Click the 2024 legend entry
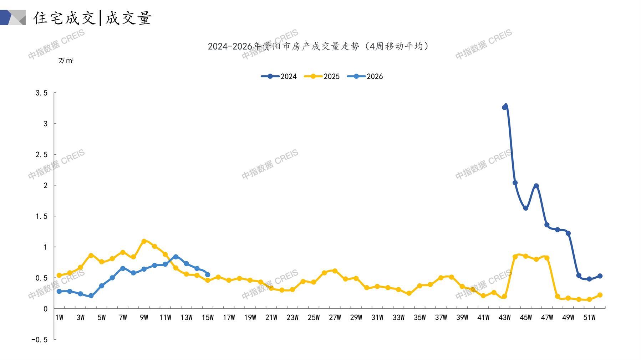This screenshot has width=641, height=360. point(279,76)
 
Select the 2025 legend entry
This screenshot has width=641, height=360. point(322,76)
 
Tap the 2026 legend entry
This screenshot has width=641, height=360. point(365,76)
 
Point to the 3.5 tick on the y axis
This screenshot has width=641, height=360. point(41,93)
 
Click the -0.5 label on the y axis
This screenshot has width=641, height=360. point(39,340)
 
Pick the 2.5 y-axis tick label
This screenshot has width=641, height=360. point(41,155)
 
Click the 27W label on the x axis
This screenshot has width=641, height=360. point(335,318)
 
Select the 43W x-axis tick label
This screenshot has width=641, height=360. point(504,318)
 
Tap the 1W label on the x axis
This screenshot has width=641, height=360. point(59,318)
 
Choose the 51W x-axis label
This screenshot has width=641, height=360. point(589,318)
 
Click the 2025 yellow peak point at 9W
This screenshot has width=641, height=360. point(144,241)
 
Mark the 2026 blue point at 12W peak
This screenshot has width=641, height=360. point(176,257)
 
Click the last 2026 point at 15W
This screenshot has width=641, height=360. point(208,275)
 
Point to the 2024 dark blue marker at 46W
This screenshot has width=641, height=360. point(536,186)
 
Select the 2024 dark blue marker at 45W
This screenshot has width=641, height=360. point(526,208)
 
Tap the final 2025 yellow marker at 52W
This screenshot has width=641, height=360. point(600,295)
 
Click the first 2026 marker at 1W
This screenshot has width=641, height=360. point(59,292)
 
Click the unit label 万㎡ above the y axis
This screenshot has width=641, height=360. point(66,61)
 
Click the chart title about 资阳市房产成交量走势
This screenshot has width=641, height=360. point(318,46)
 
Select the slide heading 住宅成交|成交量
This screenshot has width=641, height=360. point(92,18)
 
